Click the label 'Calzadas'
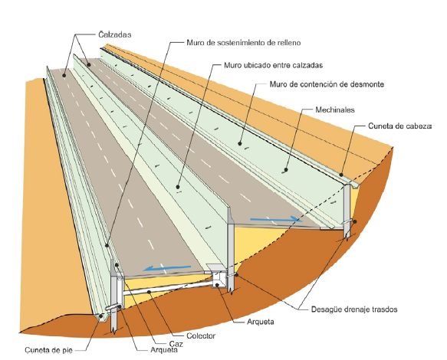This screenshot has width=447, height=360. click(115, 34)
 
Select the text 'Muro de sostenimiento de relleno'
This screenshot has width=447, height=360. click(244, 43)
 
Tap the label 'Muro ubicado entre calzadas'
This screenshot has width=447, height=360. click(274, 65)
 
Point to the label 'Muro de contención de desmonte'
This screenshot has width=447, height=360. click(327, 84)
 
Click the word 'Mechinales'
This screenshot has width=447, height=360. click(335, 110)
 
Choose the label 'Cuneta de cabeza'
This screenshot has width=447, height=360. click(399, 126)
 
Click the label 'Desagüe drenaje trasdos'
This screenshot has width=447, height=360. click(354, 309)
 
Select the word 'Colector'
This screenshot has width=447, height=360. click(201, 335)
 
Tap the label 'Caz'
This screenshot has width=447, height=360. click(176, 344)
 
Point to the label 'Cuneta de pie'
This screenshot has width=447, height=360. click(48, 350)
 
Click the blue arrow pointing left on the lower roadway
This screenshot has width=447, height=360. click(167, 268)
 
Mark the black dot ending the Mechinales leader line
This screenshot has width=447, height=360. click(286, 170)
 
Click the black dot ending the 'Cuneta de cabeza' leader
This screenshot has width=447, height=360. click(341, 175)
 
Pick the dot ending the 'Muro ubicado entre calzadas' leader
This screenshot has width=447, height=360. click(178, 187)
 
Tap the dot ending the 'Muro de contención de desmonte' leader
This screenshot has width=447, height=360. click(240, 143)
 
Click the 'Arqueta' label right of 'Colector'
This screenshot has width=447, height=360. click(260, 322)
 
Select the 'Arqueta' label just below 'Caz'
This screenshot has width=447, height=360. click(164, 350)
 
